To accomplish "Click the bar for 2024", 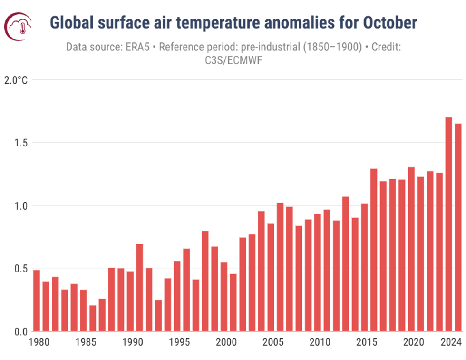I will click(x=448, y=224).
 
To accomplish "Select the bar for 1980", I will click(x=37, y=300).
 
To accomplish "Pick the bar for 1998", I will click(x=205, y=281).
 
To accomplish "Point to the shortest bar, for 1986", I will click(x=93, y=318).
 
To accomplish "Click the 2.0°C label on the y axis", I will click(x=16, y=80).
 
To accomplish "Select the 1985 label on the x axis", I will click(x=83, y=342).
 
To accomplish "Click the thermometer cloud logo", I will click(x=18, y=26).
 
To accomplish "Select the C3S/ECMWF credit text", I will click(x=233, y=60).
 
